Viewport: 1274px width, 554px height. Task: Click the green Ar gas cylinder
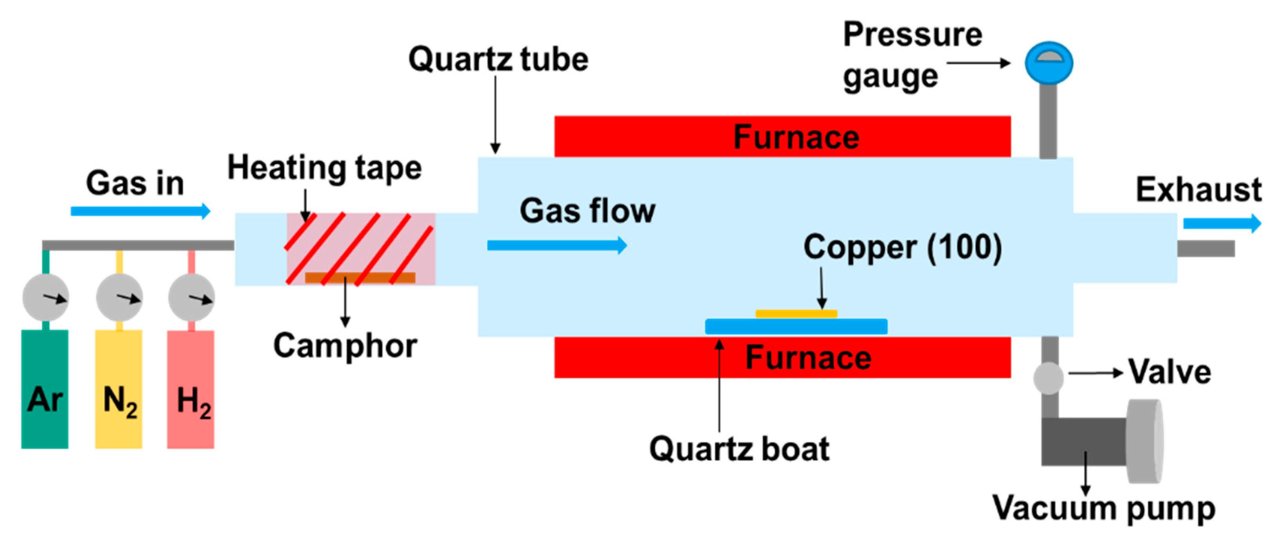point(45,389)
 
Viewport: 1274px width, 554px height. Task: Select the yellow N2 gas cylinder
point(119,389)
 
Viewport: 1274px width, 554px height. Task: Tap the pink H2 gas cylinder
point(191,389)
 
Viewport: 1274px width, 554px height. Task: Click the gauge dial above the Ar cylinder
point(45,297)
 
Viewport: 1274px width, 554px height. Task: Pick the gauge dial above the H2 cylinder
point(191,297)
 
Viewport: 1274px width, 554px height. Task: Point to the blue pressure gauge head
point(1049,63)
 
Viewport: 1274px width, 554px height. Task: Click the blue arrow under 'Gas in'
point(140,211)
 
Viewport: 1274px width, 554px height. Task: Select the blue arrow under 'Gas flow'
point(557,245)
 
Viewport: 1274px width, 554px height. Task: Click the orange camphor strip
point(360,277)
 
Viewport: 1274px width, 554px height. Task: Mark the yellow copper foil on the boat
point(796,313)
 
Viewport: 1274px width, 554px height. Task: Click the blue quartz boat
point(796,326)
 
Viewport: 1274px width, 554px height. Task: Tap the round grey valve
point(1049,378)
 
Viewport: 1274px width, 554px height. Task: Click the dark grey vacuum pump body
point(1084,442)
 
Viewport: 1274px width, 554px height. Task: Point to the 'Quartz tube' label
point(498,59)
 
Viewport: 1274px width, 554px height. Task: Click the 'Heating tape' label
point(324,168)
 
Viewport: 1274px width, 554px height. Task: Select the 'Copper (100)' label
point(903,247)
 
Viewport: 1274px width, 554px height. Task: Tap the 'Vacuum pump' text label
point(1104,508)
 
